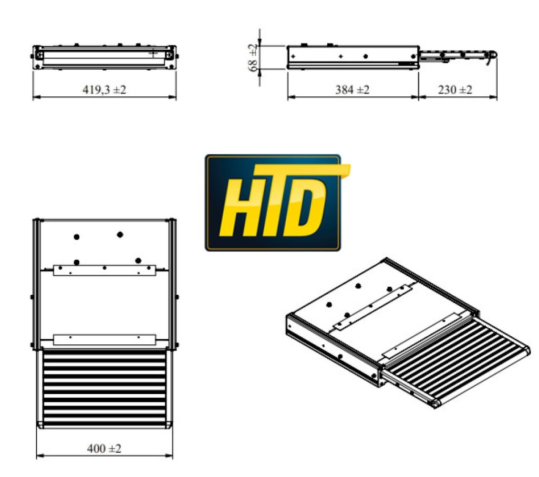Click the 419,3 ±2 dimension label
(x=104, y=91)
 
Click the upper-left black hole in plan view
(x=76, y=237)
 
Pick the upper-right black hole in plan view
(x=120, y=234)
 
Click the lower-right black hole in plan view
(x=138, y=260)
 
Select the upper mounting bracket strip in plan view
(x=104, y=270)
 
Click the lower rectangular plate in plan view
(x=104, y=340)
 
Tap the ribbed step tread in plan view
(x=104, y=389)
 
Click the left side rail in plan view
(x=35, y=284)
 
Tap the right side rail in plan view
(x=174, y=284)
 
